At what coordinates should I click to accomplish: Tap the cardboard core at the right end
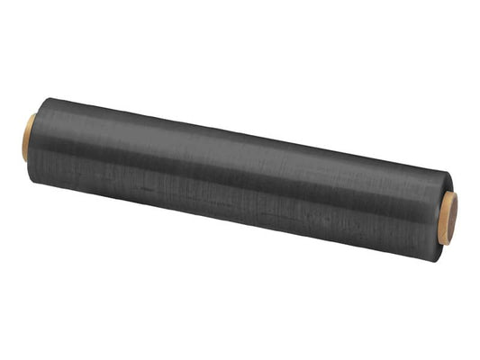[x=449, y=220]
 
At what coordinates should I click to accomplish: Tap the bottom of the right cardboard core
[x=448, y=244]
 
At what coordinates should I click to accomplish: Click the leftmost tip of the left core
[x=22, y=138]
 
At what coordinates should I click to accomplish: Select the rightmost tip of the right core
[x=458, y=220]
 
